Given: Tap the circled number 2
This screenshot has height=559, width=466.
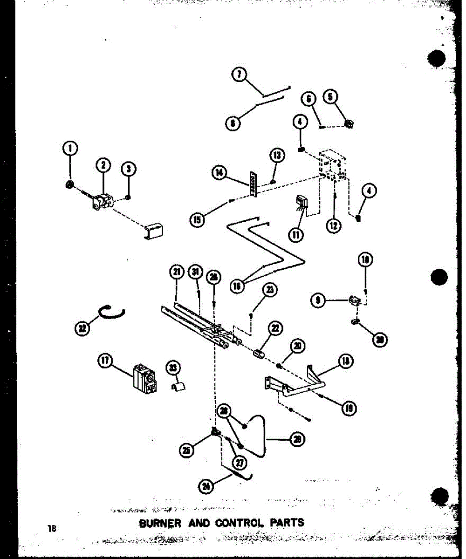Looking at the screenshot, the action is pos(103,164).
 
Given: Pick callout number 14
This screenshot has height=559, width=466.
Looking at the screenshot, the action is pos(219,173).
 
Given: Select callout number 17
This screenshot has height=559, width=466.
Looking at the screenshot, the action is pos(106,360).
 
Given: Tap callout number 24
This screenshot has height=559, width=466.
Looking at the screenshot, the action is pos(205,486).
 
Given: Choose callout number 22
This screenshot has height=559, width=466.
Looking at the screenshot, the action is pos(276,329).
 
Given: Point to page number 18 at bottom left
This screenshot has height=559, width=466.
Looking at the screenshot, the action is pos(51,528).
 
